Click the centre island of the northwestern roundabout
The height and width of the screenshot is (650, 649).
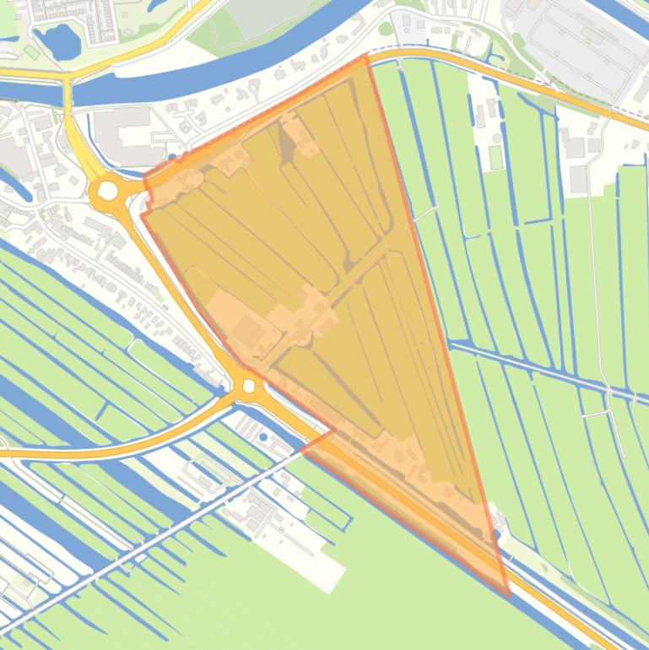click(x=108, y=192)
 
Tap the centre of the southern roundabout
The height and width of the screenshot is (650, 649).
click(x=248, y=386)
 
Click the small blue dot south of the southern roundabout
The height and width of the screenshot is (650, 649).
click(x=263, y=437)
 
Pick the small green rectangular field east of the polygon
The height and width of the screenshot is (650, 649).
click(x=495, y=157)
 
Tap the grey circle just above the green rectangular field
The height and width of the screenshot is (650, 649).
click(x=497, y=138)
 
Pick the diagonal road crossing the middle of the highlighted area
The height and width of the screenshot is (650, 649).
click(x=363, y=270)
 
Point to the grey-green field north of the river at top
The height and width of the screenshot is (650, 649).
click(x=253, y=21)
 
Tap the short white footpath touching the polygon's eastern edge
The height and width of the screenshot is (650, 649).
click(x=425, y=210)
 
